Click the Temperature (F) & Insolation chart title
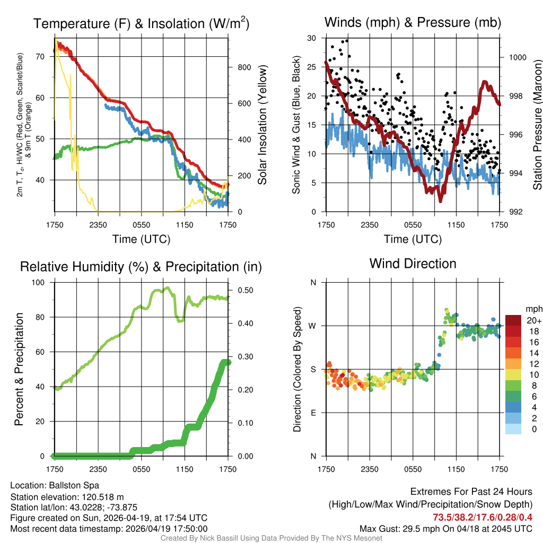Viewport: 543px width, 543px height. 141,24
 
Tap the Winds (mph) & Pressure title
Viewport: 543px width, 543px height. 413,22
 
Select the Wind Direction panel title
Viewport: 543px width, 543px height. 413,264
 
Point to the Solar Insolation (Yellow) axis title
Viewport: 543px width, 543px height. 262,125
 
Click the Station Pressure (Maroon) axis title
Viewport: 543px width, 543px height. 537,125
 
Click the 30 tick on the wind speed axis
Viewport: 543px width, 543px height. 312,38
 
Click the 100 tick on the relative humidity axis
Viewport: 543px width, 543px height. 42,283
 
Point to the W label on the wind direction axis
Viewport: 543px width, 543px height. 313,326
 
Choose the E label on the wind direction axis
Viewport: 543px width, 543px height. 313,413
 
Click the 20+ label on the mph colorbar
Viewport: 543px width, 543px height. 533,320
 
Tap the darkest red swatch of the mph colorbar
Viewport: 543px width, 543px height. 513,320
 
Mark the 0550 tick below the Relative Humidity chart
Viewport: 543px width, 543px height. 142,469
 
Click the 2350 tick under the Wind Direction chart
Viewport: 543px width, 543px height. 370,469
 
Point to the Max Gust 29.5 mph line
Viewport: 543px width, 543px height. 446,529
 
